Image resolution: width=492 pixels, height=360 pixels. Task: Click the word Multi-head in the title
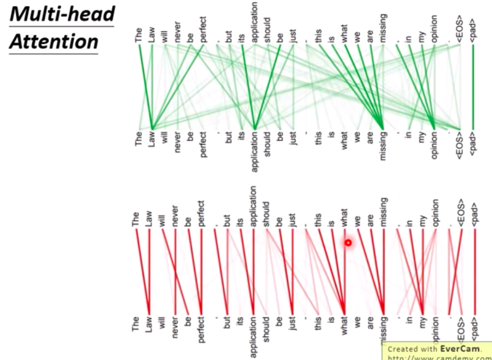pyautogui.click(x=62, y=14)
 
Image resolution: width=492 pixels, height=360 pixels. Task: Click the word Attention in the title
pyautogui.click(x=53, y=41)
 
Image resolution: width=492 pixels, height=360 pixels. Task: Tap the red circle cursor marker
pyautogui.click(x=348, y=243)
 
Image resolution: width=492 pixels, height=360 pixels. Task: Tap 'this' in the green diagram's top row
pyautogui.click(x=319, y=37)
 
